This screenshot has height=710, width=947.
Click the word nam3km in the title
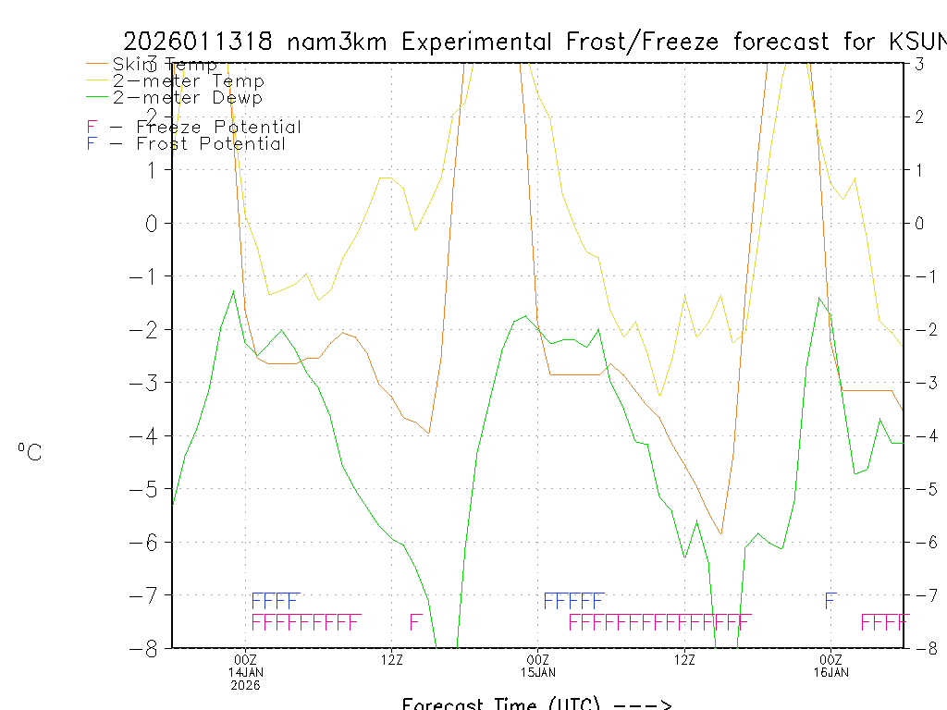(338, 43)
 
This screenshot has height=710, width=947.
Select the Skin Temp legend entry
(165, 65)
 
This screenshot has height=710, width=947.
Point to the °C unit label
(30, 452)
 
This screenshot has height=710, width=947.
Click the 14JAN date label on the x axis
(246, 672)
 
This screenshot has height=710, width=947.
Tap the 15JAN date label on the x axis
(538, 672)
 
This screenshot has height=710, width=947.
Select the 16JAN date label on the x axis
(830, 672)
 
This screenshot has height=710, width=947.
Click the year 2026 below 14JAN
(246, 685)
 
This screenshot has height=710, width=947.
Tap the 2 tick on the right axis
(920, 116)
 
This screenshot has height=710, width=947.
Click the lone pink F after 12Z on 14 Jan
(415, 621)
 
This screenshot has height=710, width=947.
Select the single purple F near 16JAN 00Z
(830, 601)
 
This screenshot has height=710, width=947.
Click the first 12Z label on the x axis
(392, 659)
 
